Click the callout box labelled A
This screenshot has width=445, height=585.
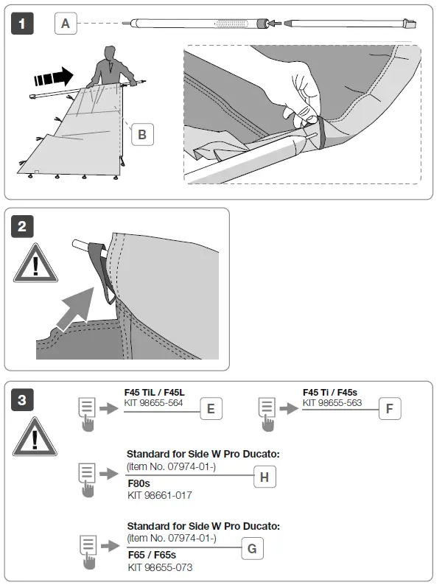point(66,24)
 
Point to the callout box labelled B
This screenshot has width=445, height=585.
point(142,134)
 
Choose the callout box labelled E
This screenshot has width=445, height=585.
point(211,409)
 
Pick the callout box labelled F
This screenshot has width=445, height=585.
point(390,408)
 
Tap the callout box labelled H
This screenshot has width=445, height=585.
point(264,477)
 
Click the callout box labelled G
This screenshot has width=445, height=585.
point(252,548)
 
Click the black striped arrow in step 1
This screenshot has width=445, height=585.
point(52,75)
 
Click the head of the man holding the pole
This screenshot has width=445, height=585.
point(110,53)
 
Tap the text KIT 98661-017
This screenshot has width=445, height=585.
point(159,495)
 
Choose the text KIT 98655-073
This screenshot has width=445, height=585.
point(160,567)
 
